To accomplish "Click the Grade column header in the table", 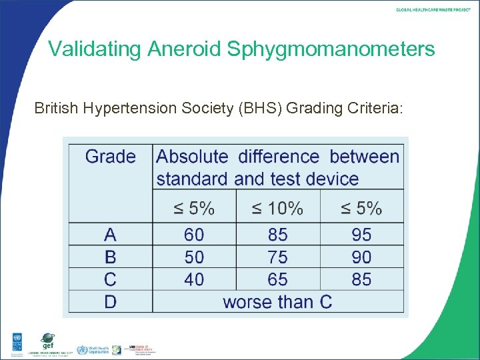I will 111,157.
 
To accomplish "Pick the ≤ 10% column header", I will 277,209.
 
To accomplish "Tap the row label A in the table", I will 111,235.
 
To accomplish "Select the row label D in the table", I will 111,301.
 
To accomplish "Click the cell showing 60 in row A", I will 194,235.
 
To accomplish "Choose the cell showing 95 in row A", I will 361,235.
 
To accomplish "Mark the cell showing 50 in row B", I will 194,257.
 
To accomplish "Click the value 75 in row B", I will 277,257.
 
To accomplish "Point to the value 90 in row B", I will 361,257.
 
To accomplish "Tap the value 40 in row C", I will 194,279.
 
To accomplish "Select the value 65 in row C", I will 277,279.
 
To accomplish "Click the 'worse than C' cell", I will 277,301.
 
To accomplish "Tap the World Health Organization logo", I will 91,349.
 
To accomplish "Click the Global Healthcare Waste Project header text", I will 433,10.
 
